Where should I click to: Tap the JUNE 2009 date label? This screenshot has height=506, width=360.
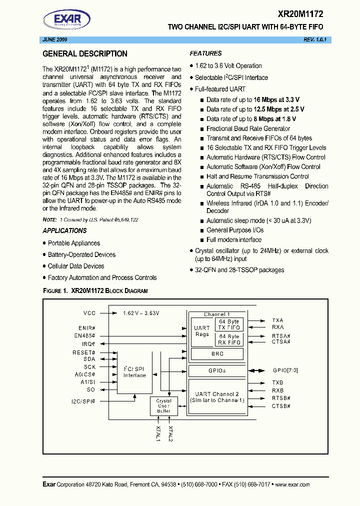53,39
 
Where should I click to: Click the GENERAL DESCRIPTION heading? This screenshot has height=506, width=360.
85,54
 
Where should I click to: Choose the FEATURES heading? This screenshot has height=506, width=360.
205,53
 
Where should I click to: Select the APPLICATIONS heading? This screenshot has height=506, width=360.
64,230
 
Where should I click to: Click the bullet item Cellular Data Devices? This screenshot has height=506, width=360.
76,266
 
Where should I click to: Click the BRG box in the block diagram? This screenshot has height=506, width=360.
217,354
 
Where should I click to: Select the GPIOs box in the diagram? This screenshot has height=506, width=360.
217,371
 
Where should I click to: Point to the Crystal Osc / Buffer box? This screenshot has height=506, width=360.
163,406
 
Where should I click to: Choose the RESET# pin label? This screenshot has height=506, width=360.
84,352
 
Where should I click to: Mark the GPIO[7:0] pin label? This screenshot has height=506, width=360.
286,371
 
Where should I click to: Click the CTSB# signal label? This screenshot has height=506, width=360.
281,406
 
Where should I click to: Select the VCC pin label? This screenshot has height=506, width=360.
89,313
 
